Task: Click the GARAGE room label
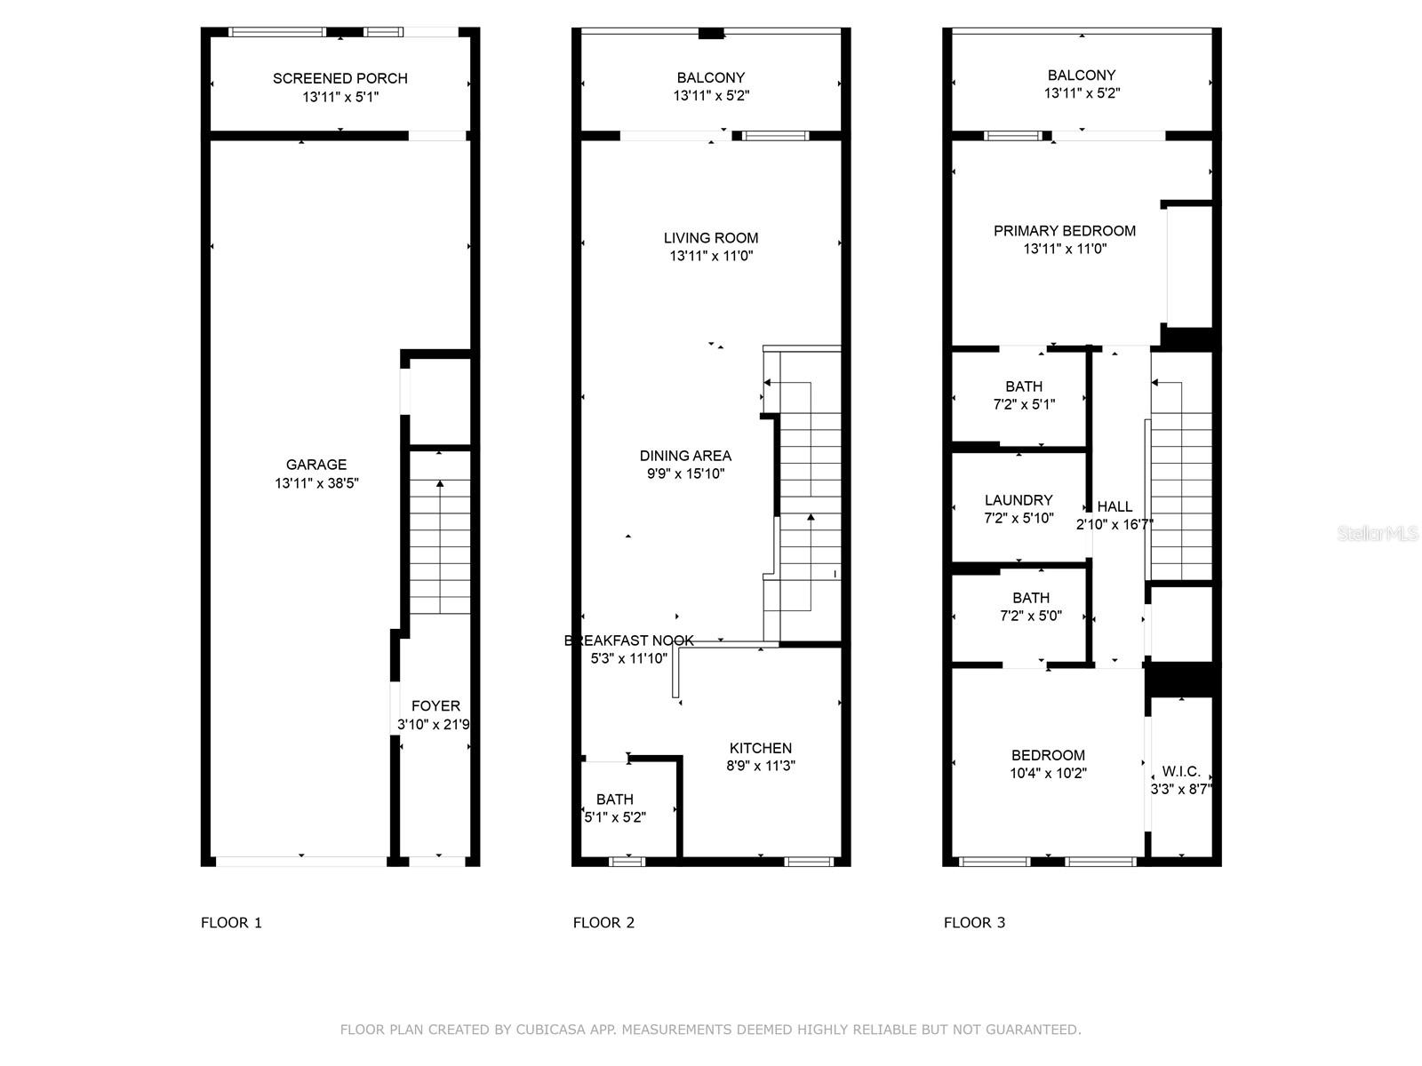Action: click(x=316, y=465)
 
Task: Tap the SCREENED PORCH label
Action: click(x=340, y=78)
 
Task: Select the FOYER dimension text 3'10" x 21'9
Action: click(x=434, y=725)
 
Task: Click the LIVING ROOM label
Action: click(x=711, y=238)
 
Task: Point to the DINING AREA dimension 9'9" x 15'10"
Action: click(x=685, y=474)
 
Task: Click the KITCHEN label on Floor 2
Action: click(x=761, y=748)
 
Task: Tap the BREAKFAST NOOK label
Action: click(x=629, y=640)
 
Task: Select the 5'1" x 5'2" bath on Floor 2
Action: click(x=615, y=808)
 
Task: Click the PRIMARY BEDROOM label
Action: click(x=1065, y=231)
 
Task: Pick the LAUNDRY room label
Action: click(x=1019, y=500)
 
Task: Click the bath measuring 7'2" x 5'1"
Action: click(x=1024, y=395)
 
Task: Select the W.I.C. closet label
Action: click(x=1181, y=771)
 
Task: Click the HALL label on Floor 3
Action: click(x=1114, y=507)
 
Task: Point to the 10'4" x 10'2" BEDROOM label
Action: click(x=1048, y=755)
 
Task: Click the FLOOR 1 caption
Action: click(x=231, y=922)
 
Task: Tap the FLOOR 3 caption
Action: click(x=974, y=922)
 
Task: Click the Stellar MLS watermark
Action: click(x=1378, y=533)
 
